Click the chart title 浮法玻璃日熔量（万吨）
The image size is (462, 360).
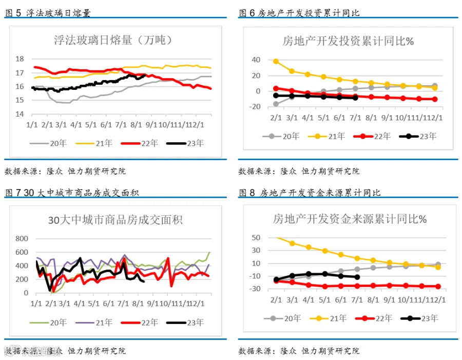(113, 40)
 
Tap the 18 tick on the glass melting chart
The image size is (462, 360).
(20, 59)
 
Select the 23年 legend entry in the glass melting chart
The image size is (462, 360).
(185, 143)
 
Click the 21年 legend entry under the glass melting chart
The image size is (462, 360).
(94, 143)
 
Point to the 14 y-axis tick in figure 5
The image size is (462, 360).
(20, 114)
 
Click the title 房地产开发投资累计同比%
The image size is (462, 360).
(348, 41)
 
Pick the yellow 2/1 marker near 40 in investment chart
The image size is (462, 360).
(276, 61)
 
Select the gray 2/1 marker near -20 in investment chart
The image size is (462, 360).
(276, 104)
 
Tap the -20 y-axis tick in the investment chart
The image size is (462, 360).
(255, 107)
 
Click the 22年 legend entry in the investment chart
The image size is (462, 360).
(372, 136)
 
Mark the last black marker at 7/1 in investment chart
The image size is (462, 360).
(355, 98)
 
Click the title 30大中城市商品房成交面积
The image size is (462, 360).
(115, 220)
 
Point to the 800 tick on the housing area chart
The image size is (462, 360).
(22, 238)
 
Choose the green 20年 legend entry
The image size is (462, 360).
(48, 323)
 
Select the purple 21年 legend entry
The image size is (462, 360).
(94, 323)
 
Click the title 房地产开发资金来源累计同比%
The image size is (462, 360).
(350, 219)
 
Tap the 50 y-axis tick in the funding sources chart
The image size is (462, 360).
(256, 238)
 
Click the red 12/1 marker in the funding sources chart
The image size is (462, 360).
(438, 286)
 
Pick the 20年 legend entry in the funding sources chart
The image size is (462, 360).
(282, 318)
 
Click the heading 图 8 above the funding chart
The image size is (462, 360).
(247, 193)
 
